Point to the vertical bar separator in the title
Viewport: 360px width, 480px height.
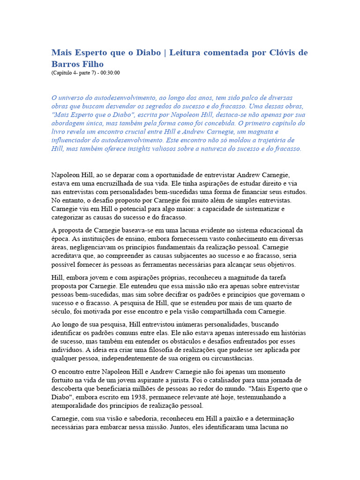[158, 52]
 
